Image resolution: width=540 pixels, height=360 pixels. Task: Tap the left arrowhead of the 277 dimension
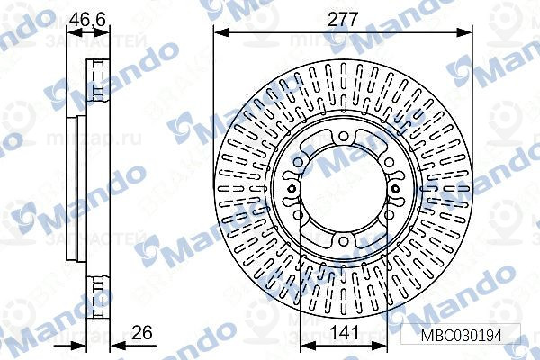[220, 32]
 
